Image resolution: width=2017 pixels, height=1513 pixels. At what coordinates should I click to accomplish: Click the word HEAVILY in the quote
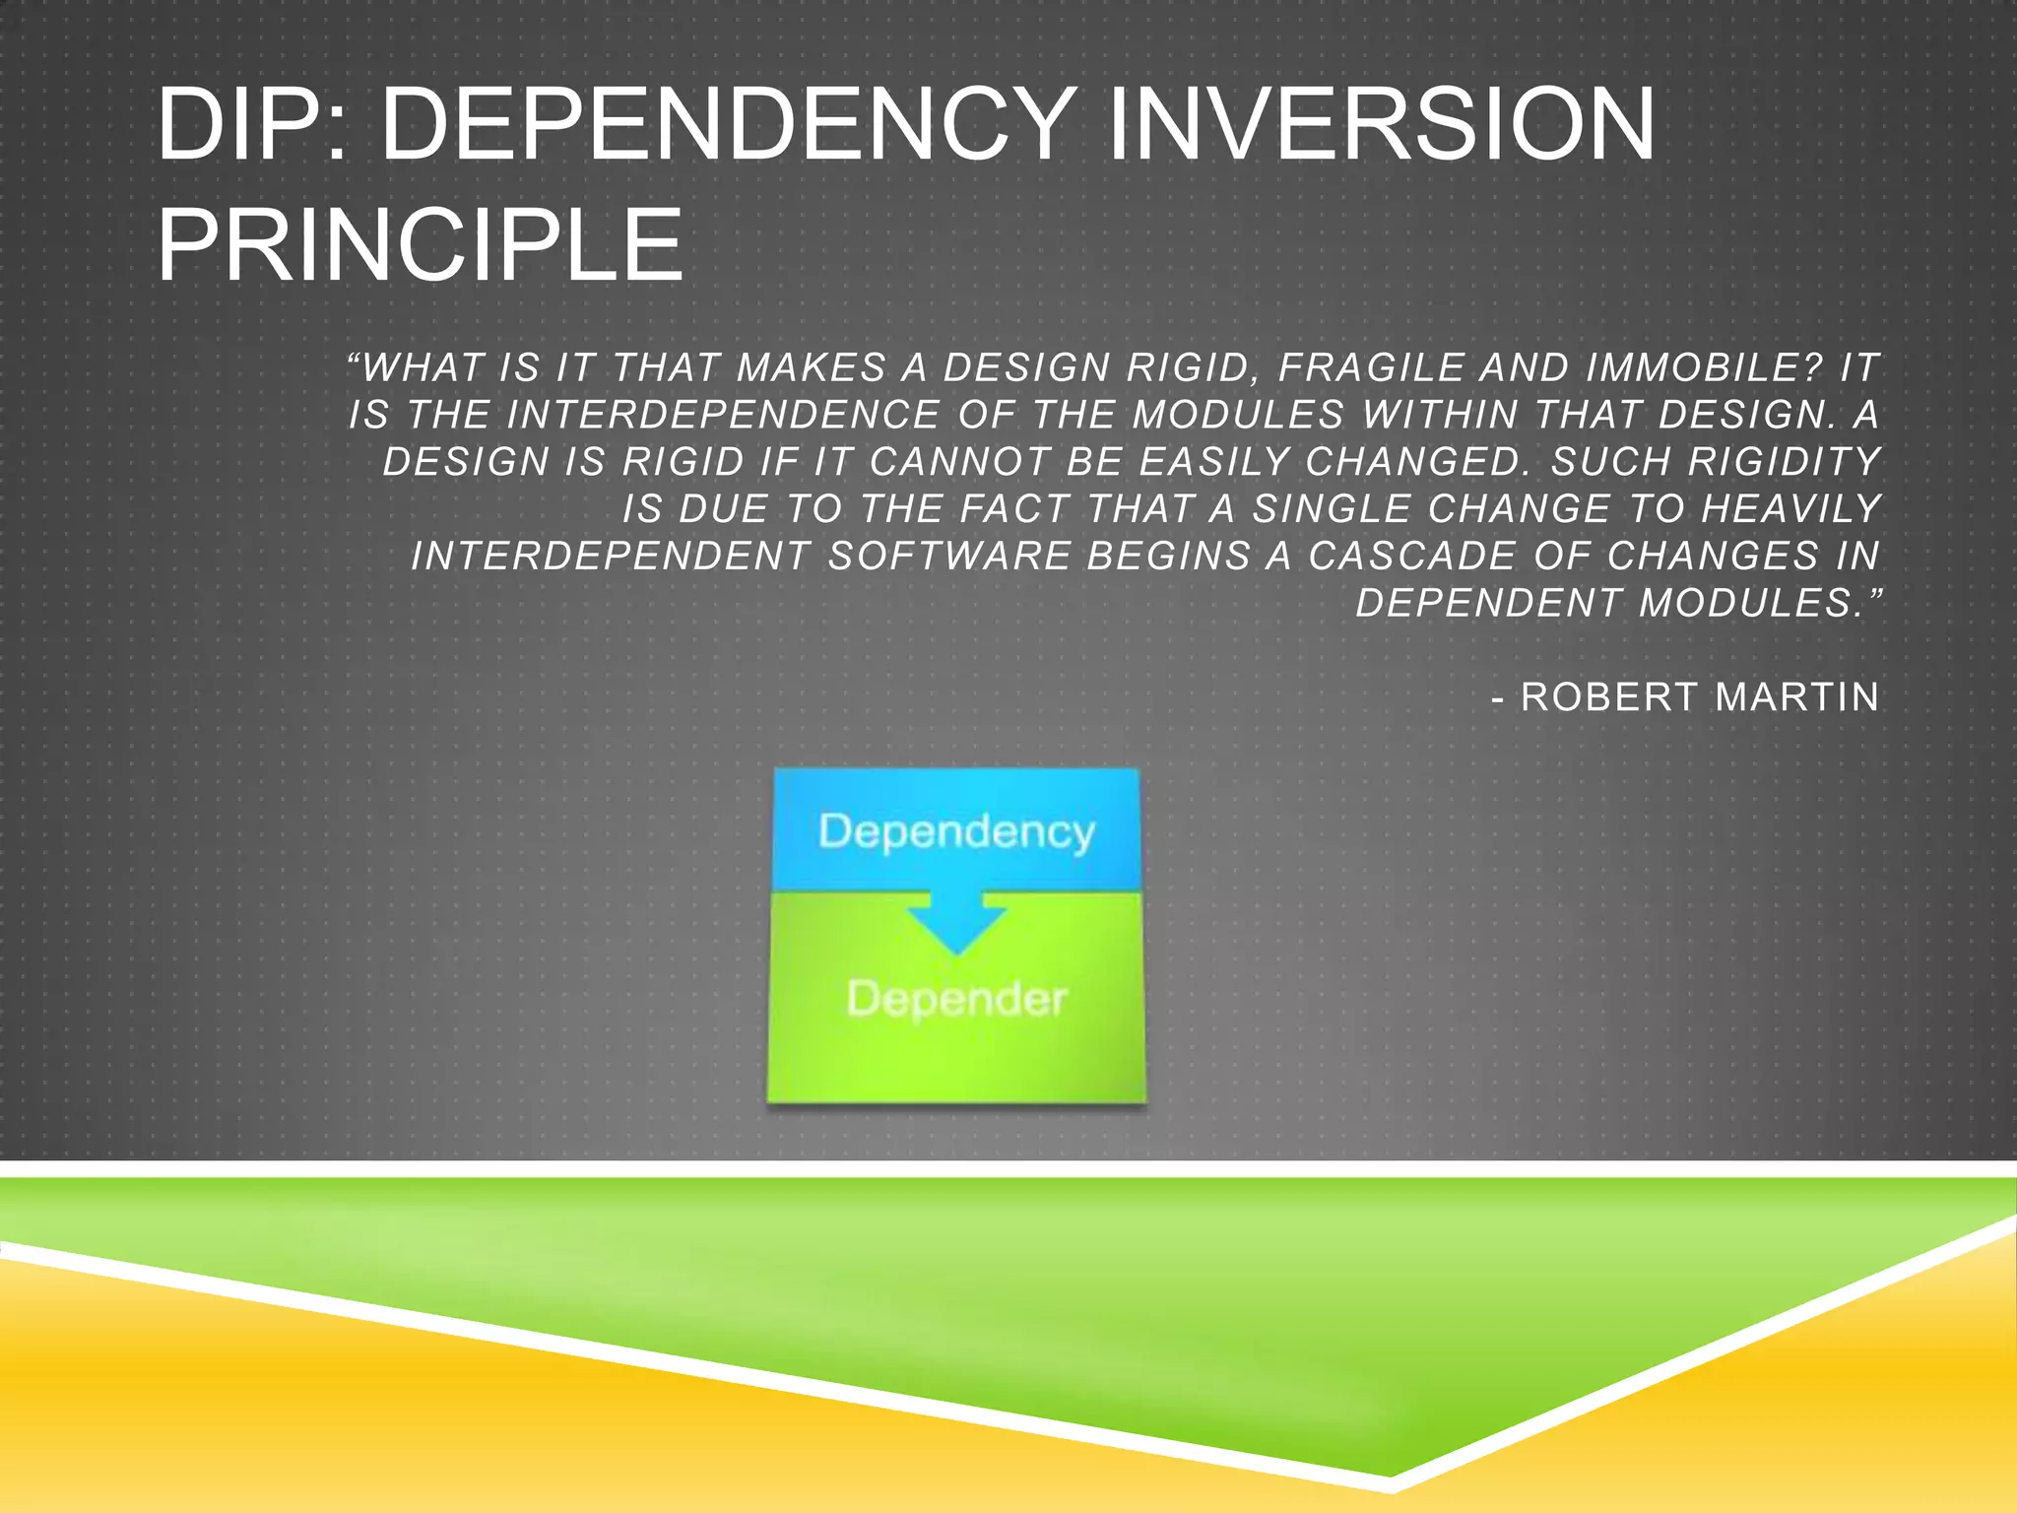pos(1790,509)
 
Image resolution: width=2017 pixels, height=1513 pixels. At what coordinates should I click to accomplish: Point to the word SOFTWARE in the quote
pos(948,557)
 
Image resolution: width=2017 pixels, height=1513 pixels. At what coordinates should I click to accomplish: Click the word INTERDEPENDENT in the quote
pos(611,557)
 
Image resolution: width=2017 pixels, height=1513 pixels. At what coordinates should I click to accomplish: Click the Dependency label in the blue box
pos(956,832)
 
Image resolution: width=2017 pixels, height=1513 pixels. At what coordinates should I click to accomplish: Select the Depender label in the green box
pos(956,1000)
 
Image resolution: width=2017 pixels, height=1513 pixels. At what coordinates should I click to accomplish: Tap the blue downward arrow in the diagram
pos(956,921)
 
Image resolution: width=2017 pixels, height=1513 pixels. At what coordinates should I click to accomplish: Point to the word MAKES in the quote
pos(812,368)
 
